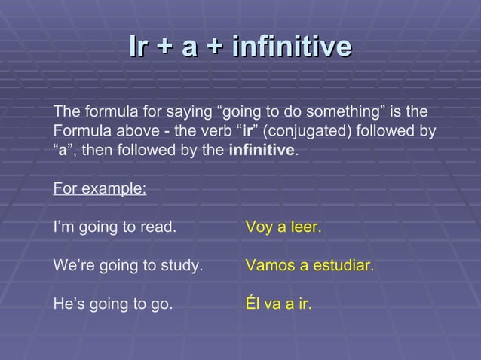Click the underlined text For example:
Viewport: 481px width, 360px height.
[x=100, y=187]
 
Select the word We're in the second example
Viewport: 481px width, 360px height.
[x=74, y=266]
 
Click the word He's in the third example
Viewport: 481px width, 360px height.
[x=69, y=306]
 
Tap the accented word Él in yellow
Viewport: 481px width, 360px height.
[x=253, y=306]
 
